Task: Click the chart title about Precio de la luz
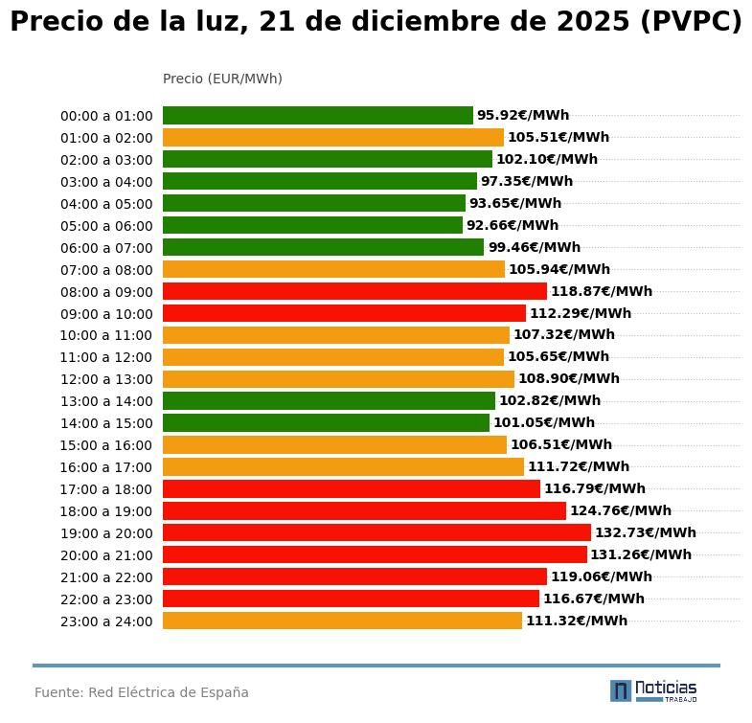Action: coord(376,22)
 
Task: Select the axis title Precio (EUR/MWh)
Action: coord(222,79)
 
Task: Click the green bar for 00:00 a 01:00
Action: coord(317,115)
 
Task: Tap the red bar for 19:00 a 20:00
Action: coord(376,532)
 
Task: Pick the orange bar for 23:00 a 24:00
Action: coord(342,621)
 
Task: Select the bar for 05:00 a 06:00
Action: coord(312,225)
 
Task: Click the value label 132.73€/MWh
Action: coord(645,532)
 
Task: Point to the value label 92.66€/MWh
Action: coord(512,225)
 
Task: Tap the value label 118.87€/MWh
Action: coord(601,291)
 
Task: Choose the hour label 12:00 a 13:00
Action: coord(106,379)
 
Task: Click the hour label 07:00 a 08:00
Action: coord(106,270)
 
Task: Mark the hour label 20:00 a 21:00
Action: coord(106,555)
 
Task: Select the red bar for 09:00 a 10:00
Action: coord(344,313)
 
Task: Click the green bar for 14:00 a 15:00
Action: coord(326,422)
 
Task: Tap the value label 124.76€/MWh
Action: coord(620,510)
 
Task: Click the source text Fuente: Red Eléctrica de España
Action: coord(142,692)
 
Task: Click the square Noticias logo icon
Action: coord(621,690)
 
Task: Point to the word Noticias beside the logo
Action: coord(666,688)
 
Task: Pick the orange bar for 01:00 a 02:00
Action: coord(332,137)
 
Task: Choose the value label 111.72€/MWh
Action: coord(578,466)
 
